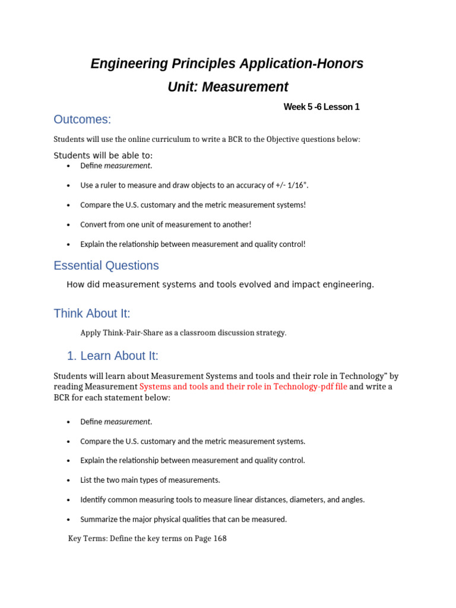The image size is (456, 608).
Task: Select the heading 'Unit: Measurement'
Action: click(x=228, y=87)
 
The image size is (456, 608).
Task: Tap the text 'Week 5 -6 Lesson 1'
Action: click(x=321, y=107)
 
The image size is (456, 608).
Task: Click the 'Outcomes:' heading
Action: click(x=82, y=119)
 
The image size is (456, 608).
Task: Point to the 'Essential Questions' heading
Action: click(x=106, y=265)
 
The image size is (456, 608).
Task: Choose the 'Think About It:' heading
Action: click(x=92, y=313)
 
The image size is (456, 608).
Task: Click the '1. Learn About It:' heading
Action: click(x=112, y=356)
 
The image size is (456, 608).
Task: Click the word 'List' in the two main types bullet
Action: click(x=87, y=480)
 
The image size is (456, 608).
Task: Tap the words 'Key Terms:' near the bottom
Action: click(x=88, y=539)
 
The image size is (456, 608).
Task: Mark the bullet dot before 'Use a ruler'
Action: click(x=69, y=186)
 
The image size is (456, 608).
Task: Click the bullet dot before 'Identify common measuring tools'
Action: click(x=69, y=500)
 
